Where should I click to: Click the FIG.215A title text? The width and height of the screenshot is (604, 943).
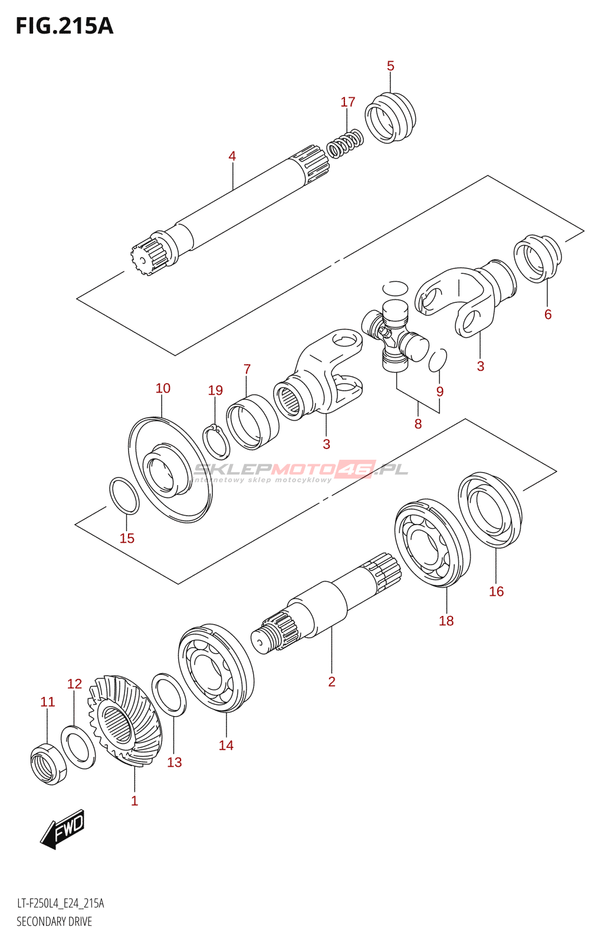pos(64,27)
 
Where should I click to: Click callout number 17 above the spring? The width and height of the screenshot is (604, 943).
pos(347,102)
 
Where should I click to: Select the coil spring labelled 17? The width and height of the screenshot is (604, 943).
pos(345,144)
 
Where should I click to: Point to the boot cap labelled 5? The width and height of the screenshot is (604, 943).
pos(390,117)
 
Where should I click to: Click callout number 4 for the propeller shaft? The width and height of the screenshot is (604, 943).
pos(232,156)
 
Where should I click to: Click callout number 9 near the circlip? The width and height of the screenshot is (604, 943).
pos(439,391)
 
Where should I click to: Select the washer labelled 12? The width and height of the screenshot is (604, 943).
pos(78,747)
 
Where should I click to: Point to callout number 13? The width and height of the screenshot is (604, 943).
pos(174,762)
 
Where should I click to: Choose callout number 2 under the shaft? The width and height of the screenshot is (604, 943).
pos(331,681)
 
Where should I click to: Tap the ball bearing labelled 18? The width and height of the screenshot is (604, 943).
pos(432,543)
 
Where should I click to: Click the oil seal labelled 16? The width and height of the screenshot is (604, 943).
pos(490,510)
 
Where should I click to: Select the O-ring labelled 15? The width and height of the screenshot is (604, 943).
pos(124,496)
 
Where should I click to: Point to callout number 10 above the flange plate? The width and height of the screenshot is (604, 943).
pos(163,388)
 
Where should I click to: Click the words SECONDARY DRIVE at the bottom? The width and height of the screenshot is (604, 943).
pos(54,922)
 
